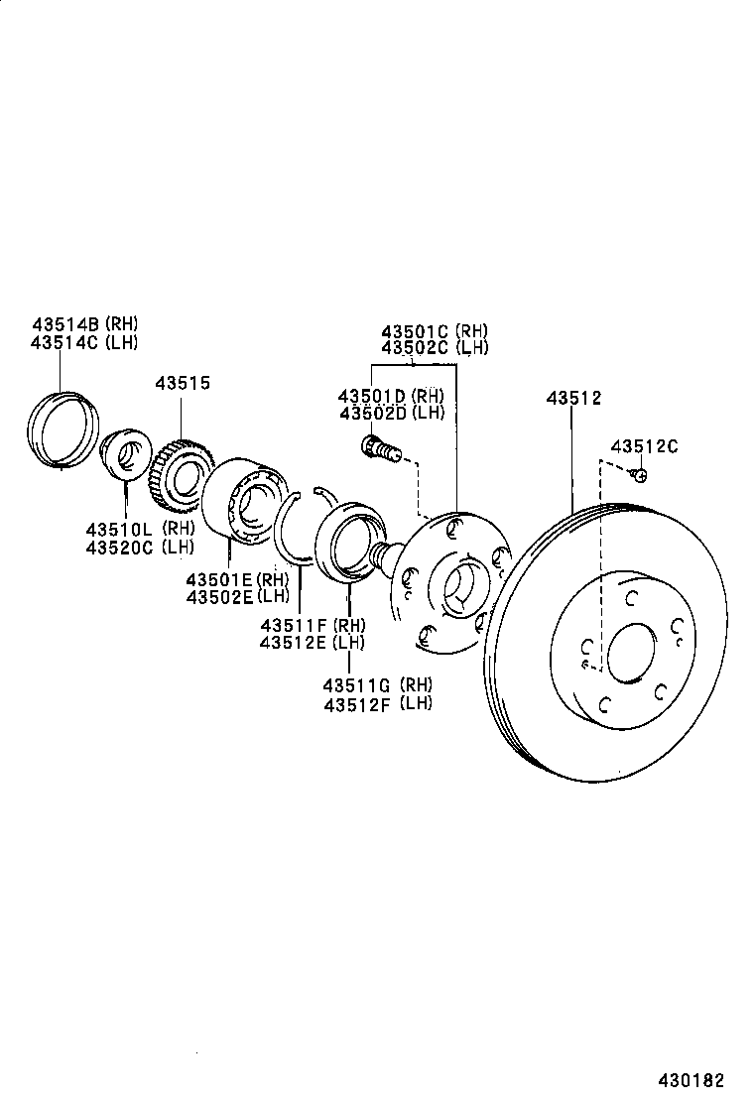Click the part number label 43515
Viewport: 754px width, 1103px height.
pos(182,383)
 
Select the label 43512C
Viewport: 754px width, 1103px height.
pos(644,446)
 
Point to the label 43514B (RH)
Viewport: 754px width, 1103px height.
pos(84,323)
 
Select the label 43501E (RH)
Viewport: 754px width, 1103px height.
pos(236,579)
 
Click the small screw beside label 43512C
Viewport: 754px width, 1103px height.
pos(641,476)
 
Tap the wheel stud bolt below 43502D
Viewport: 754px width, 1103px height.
pos(381,449)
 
